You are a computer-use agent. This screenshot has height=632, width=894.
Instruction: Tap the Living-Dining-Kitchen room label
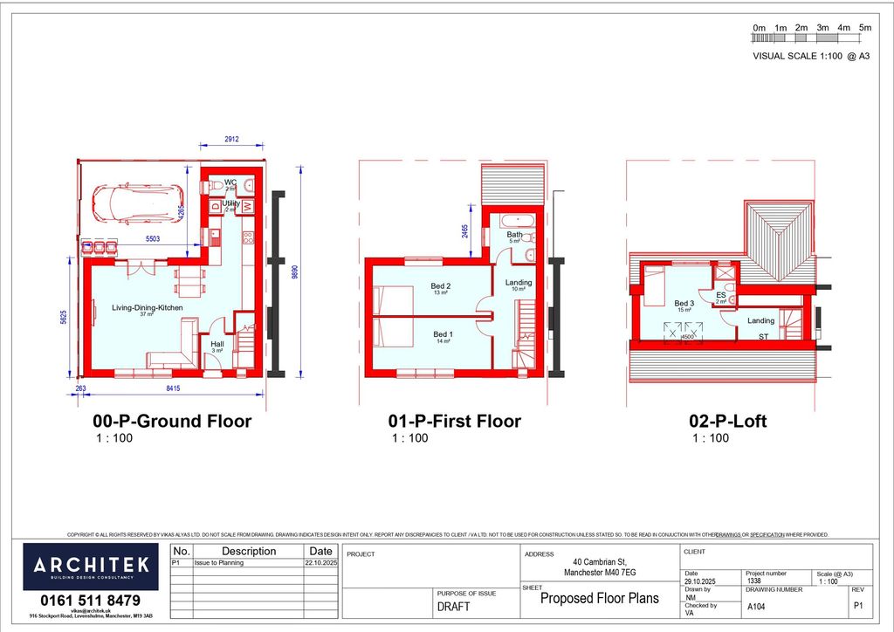click(147, 307)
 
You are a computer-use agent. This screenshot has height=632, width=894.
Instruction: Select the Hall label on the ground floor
click(217, 344)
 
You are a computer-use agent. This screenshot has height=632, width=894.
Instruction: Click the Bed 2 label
click(441, 286)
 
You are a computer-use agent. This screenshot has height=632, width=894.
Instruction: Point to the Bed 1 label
click(444, 334)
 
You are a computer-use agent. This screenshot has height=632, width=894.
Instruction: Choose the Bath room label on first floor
click(514, 235)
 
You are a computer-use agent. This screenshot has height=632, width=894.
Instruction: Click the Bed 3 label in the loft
click(684, 304)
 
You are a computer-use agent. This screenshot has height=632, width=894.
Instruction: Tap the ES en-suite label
click(721, 296)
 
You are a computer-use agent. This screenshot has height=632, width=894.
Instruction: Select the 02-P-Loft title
click(728, 422)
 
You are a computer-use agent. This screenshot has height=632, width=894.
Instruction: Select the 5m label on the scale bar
click(865, 28)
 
